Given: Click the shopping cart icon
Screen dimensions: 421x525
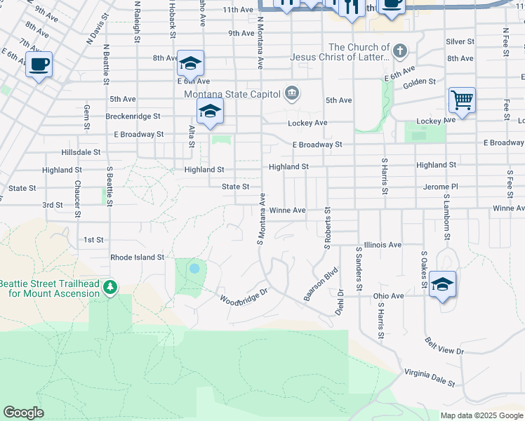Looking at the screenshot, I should pyautogui.click(x=462, y=100).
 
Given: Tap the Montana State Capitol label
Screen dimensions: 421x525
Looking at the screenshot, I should pyautogui.click(x=232, y=93).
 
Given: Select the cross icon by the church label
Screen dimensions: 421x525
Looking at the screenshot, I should pyautogui.click(x=399, y=51).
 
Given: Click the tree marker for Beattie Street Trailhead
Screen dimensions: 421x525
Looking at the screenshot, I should pyautogui.click(x=109, y=286).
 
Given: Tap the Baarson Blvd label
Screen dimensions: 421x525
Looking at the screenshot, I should pyautogui.click(x=321, y=284).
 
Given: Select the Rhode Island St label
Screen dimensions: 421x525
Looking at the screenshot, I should pyautogui.click(x=137, y=258).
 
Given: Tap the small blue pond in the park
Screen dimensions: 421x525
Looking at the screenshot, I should pyautogui.click(x=194, y=268).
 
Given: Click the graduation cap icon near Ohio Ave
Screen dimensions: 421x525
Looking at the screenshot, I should pyautogui.click(x=442, y=284).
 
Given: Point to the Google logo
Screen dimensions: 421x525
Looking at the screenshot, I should pyautogui.click(x=24, y=412).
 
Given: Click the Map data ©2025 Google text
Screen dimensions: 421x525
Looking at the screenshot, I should pyautogui.click(x=481, y=415).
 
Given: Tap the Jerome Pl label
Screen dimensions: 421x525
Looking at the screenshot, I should pyautogui.click(x=440, y=187).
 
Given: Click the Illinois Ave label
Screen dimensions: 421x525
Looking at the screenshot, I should pyautogui.click(x=383, y=245).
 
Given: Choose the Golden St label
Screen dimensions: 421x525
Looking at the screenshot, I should pyautogui.click(x=420, y=82).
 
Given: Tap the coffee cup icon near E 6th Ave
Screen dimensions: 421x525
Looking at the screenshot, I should pyautogui.click(x=39, y=65).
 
